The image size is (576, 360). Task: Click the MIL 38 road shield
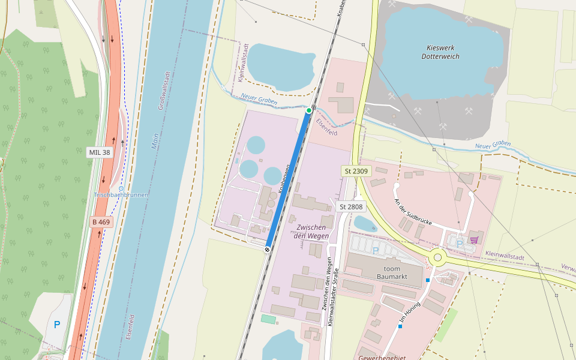click(100, 152)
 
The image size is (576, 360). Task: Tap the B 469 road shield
click(101, 222)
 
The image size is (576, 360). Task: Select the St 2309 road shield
click(356, 171)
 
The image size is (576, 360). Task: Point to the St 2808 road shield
click(351, 206)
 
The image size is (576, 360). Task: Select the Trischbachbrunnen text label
click(121, 195)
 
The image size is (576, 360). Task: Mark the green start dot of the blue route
click(309, 110)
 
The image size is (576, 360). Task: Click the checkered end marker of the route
click(267, 249)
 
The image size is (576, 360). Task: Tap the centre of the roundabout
click(438, 258)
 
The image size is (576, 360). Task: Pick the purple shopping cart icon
click(474, 240)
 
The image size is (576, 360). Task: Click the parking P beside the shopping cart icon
click(459, 244)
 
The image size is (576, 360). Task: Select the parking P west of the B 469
click(57, 325)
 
